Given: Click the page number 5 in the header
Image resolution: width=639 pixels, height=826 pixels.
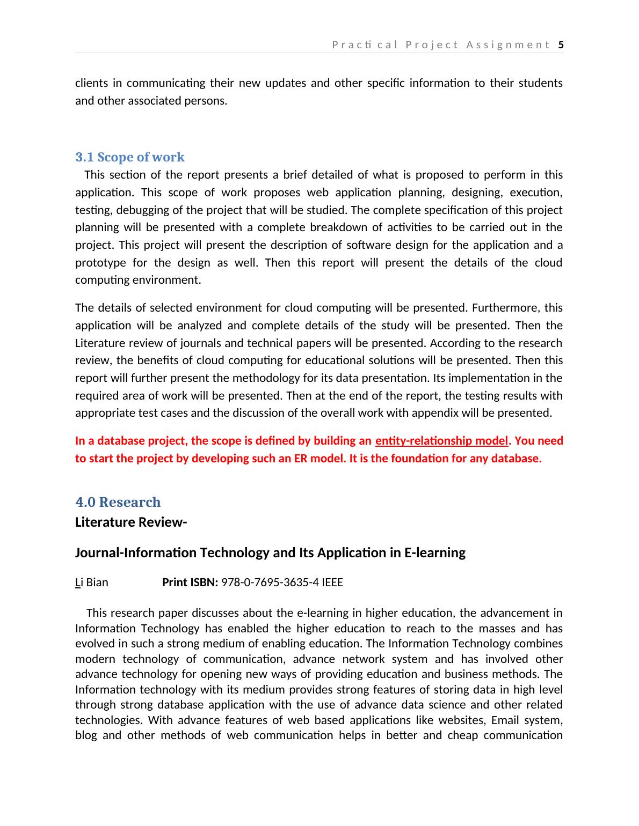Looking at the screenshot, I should click(x=561, y=45).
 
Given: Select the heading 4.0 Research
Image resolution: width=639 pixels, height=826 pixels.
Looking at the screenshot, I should click(x=118, y=502).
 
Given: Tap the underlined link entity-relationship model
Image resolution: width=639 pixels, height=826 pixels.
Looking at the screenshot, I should click(x=441, y=441).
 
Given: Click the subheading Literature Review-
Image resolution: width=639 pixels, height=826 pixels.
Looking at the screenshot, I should click(x=131, y=522).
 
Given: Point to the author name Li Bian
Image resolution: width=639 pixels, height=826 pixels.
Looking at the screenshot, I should click(x=91, y=582).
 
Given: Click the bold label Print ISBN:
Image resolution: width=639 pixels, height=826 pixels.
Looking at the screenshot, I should click(x=190, y=582).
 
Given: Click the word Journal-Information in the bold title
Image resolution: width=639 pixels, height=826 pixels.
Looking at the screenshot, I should click(x=136, y=552).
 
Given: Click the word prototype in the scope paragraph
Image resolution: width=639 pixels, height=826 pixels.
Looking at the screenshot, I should click(x=101, y=263).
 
